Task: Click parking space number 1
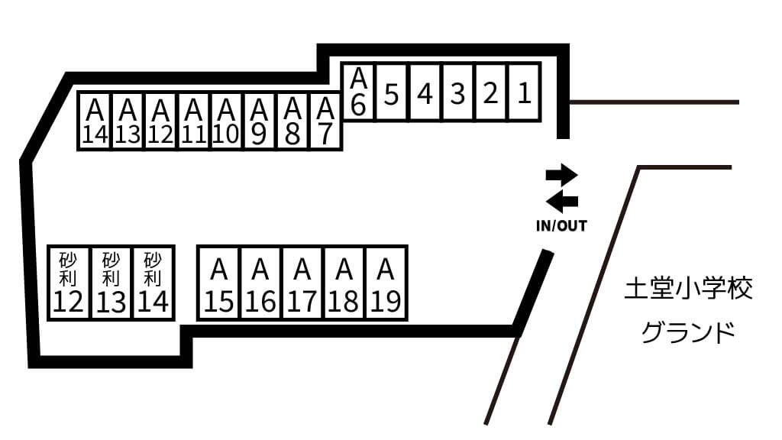[524, 92]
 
